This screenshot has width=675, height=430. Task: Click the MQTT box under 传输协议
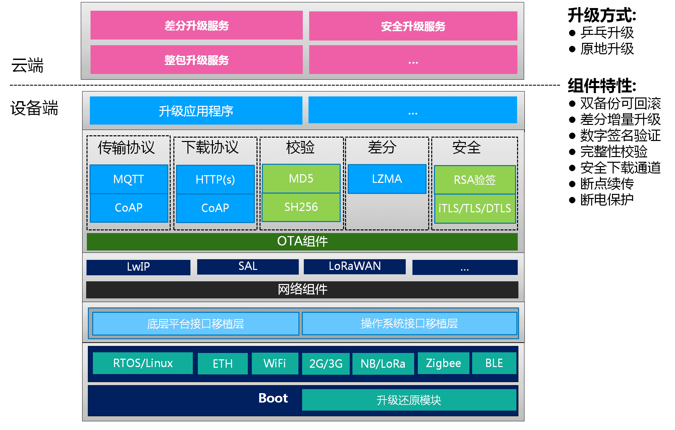(x=129, y=179)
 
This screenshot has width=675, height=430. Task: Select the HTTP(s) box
(x=215, y=180)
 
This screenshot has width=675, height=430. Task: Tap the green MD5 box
(x=301, y=178)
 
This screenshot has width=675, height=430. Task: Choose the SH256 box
(x=301, y=207)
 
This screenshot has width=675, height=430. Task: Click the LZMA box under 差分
(x=387, y=179)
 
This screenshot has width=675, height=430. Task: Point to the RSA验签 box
(x=474, y=180)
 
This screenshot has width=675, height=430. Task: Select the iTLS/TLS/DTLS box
(x=474, y=208)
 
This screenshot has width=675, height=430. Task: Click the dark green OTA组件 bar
(x=302, y=241)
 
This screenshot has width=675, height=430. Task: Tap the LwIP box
(x=138, y=267)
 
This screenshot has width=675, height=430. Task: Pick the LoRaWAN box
(x=354, y=266)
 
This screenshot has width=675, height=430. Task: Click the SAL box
(x=247, y=266)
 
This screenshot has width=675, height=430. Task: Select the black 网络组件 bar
(x=302, y=289)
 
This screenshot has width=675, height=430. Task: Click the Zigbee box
(x=443, y=363)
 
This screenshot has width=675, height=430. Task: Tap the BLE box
(x=494, y=363)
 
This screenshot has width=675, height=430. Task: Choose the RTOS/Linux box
(x=143, y=363)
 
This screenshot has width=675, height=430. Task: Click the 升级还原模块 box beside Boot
(x=408, y=400)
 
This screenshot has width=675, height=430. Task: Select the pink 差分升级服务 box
(x=196, y=25)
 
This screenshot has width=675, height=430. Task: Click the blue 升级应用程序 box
(x=196, y=111)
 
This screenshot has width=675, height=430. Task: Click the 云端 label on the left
(x=27, y=65)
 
